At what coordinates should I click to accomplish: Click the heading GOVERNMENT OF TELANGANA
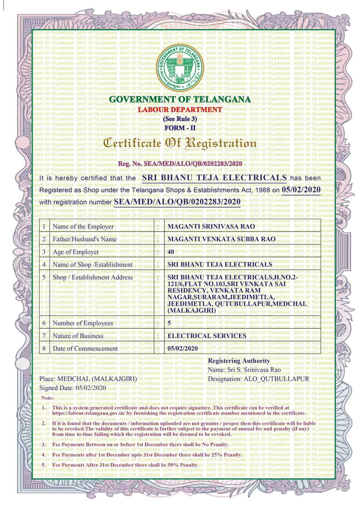coord(180,99)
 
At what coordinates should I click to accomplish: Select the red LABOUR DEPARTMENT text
coord(180,109)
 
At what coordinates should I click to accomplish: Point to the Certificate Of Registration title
coord(180,143)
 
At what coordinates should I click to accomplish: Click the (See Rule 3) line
coord(180,118)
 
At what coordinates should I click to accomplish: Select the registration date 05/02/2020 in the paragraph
coord(301,190)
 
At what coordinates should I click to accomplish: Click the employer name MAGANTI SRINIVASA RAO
coord(211,227)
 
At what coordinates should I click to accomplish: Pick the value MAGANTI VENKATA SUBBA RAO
coord(222,239)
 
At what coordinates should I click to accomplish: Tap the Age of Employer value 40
coord(171,252)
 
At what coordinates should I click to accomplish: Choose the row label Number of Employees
coord(83,323)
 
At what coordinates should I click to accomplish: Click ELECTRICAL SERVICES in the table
coord(207,336)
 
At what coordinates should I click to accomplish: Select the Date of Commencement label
coord(85,349)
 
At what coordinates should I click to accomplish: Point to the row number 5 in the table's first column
coord(44,277)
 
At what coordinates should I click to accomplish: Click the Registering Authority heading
coord(239,361)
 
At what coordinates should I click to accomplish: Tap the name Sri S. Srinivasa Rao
coord(244,370)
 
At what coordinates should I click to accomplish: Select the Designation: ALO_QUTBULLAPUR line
coord(258,379)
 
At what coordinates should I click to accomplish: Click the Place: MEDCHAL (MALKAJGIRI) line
coord(87,379)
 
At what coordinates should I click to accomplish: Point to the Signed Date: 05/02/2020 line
coord(72,388)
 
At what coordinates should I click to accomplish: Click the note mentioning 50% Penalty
coord(126,465)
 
